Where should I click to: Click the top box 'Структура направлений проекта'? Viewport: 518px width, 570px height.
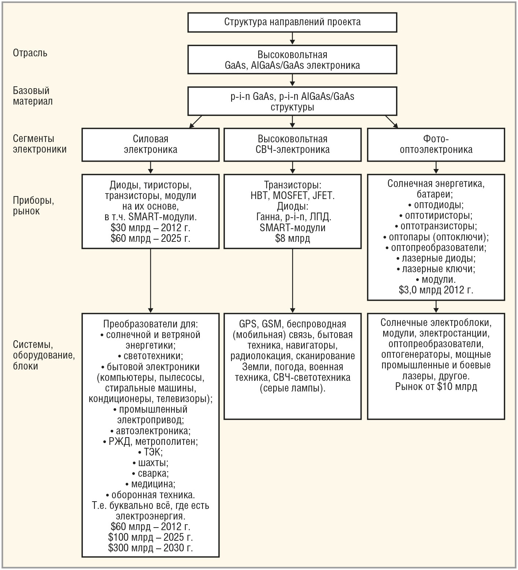(x=292, y=22)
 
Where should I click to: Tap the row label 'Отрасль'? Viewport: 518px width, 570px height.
(x=30, y=53)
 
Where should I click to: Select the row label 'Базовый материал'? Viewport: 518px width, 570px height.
(x=33, y=96)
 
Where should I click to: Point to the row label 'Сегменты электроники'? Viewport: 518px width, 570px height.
(x=40, y=144)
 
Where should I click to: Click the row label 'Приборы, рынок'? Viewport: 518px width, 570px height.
(x=33, y=206)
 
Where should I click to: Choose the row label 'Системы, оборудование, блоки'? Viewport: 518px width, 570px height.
(x=44, y=355)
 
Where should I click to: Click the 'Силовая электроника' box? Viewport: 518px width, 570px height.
(x=150, y=145)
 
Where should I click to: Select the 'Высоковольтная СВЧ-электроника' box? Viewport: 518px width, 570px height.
(x=292, y=145)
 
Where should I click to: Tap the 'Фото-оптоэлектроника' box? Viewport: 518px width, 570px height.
(x=436, y=145)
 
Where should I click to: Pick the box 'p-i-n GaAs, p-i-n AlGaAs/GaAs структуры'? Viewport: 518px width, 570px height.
(x=292, y=102)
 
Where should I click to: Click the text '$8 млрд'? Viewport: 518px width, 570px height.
(x=292, y=239)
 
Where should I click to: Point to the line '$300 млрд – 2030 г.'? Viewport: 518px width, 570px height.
(x=151, y=548)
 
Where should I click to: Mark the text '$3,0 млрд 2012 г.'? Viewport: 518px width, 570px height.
(x=436, y=290)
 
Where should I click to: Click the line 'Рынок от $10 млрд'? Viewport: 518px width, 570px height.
(x=436, y=387)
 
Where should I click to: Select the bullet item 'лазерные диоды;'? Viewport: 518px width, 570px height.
(x=436, y=258)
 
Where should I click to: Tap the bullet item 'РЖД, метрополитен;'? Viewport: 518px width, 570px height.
(x=151, y=441)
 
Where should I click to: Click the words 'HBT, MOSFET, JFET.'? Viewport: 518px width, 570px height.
(x=292, y=196)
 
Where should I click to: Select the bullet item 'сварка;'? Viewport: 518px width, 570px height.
(x=151, y=473)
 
